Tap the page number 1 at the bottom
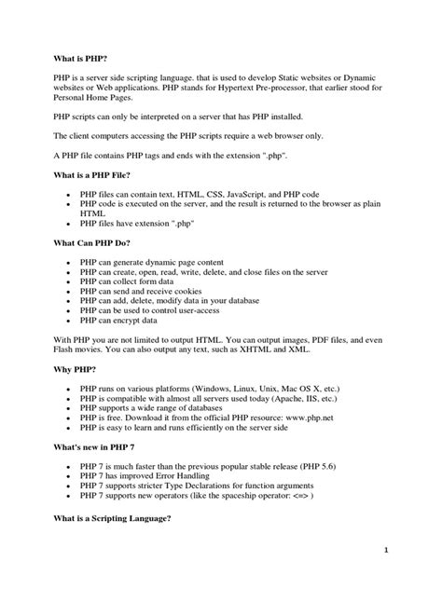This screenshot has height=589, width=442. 410,551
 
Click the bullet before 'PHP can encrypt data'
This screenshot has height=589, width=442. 68,320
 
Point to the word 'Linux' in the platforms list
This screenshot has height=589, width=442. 256,389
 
